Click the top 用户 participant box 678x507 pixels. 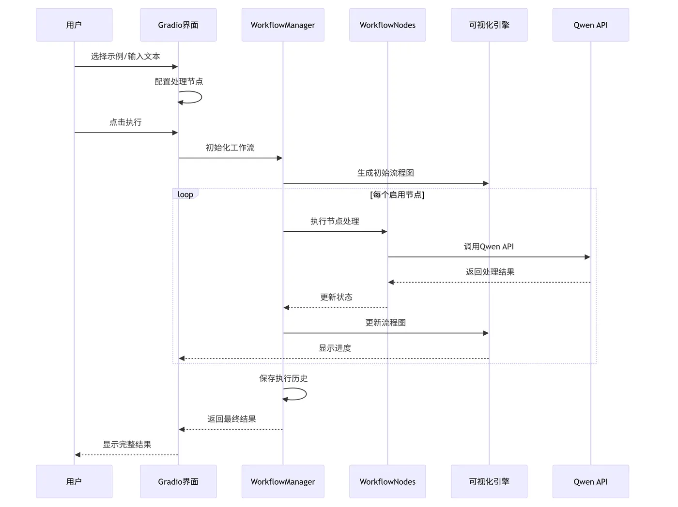(74, 25)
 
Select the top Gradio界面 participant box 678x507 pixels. (178, 25)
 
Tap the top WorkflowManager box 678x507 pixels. (283, 25)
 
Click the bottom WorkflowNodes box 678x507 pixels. (387, 481)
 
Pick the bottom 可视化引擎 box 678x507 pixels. (489, 481)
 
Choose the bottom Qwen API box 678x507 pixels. (590, 481)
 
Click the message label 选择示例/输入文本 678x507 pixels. (125, 57)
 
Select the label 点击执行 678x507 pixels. (125, 122)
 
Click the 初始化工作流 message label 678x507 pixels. (230, 148)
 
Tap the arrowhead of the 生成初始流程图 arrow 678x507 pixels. (486, 183)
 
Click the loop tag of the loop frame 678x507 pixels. (185, 194)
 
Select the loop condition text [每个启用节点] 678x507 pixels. (397, 195)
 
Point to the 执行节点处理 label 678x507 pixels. (335, 221)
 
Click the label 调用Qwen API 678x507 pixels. (489, 247)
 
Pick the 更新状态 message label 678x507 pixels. (336, 297)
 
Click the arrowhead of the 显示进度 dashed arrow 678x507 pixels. (182, 358)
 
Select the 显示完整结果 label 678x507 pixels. (127, 445)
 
